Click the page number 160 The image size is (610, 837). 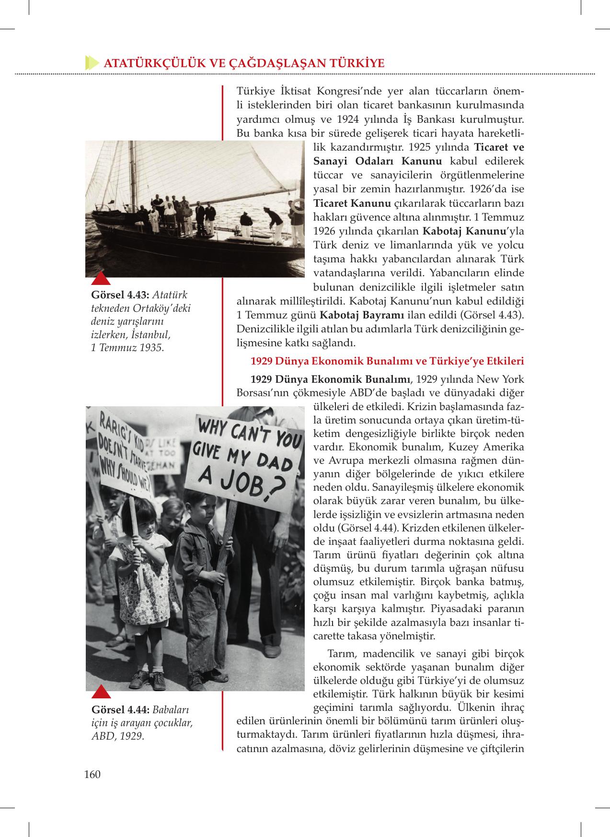(x=92, y=774)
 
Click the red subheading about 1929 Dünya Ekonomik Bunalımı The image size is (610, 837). (x=387, y=361)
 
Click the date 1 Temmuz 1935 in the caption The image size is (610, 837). (x=127, y=347)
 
